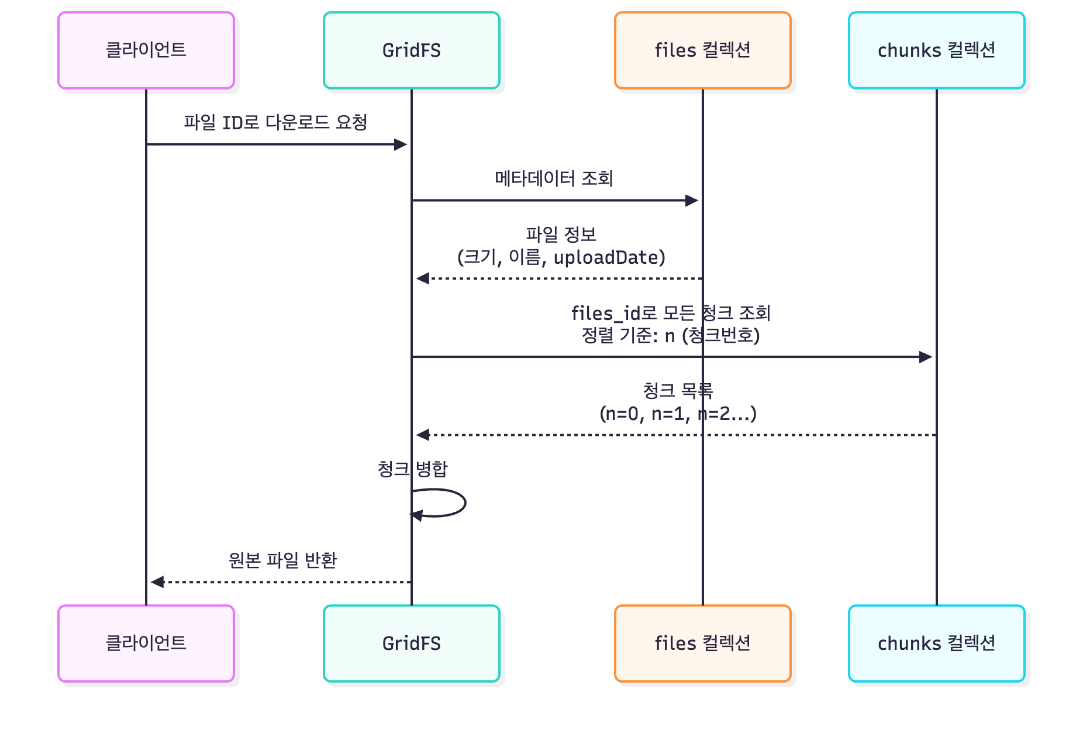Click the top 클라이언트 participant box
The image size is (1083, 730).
click(146, 50)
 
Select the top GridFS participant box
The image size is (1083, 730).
click(411, 50)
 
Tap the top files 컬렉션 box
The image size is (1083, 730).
click(702, 50)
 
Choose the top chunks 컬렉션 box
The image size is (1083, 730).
click(936, 50)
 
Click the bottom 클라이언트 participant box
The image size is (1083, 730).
click(146, 643)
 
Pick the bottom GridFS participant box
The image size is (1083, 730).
click(411, 643)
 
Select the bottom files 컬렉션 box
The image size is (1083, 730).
click(702, 643)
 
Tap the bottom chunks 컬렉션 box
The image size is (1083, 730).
click(936, 643)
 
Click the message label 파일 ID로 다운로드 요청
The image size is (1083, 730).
click(275, 122)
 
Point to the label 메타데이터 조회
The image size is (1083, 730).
click(554, 178)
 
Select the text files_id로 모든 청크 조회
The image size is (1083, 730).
click(671, 313)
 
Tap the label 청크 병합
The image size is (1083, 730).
click(412, 469)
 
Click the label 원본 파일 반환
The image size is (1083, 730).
click(282, 560)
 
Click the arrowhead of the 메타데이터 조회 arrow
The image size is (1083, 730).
click(692, 201)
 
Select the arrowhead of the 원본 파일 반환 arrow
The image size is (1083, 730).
click(157, 582)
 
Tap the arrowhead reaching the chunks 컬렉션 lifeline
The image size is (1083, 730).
click(926, 357)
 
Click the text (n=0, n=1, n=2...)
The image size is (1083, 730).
click(678, 414)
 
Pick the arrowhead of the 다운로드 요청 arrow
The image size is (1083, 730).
click(401, 144)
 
